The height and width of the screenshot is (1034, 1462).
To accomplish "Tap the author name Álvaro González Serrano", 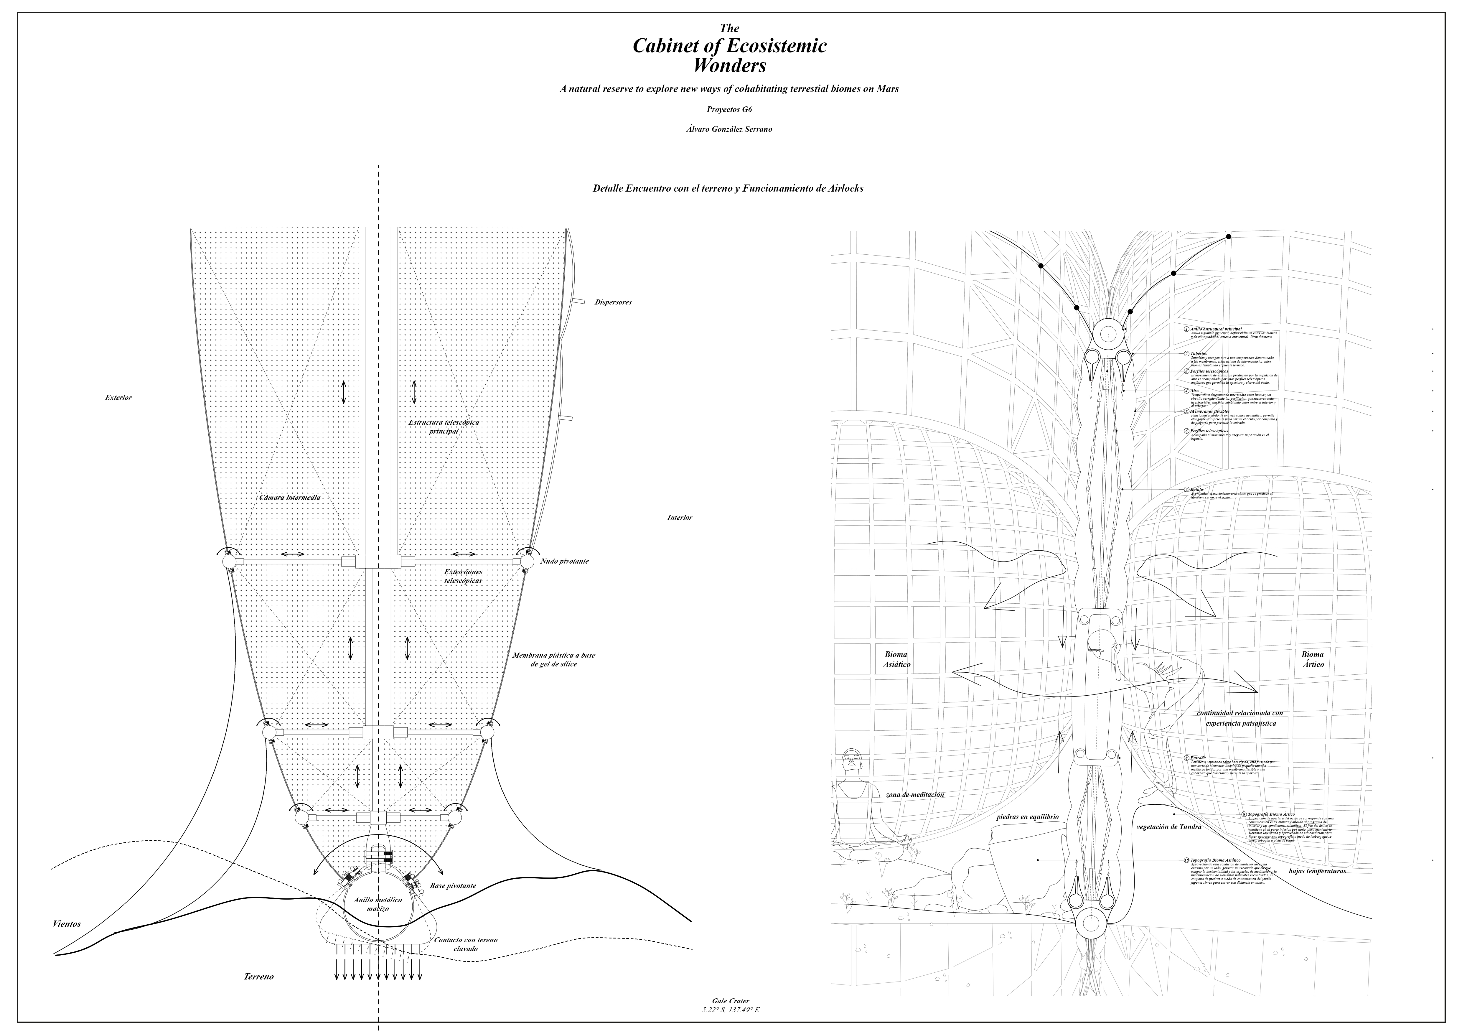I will click(730, 129).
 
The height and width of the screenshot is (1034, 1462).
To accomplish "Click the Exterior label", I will click(118, 398).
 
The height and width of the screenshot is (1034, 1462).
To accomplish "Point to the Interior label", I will click(679, 518).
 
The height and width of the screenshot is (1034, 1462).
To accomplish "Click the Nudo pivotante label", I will click(564, 562).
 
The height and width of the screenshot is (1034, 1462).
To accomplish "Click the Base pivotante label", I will click(453, 886).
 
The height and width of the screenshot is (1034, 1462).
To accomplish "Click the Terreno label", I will click(258, 976).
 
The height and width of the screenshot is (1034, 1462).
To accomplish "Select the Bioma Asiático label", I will click(896, 659).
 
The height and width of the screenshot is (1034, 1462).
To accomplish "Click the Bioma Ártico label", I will click(1312, 659).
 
